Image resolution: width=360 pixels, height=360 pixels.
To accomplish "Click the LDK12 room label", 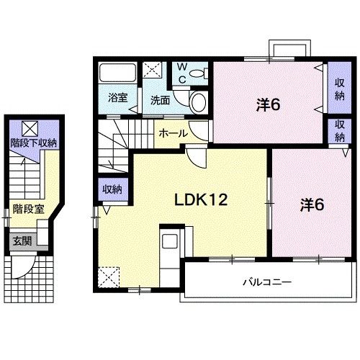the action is pos(201,199).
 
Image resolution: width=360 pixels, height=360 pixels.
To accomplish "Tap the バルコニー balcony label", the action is pos(267,282).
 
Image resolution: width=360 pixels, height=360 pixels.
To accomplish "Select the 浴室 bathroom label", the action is pos(117,98).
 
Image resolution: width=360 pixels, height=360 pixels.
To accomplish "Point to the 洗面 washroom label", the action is pos(160,100).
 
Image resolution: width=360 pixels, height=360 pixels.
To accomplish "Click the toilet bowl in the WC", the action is pos(197,73).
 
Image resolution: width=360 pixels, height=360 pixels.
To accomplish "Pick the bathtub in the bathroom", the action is pos(117,73).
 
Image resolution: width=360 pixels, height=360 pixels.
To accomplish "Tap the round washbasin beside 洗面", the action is pos(199,102).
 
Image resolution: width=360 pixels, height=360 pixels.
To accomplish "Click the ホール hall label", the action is pos(174,133).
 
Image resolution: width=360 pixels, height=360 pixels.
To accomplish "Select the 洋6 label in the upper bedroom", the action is pos(268,105).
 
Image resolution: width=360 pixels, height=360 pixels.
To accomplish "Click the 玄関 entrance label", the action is pos(22,240).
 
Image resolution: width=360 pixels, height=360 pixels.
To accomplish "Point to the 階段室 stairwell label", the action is pos(29,209).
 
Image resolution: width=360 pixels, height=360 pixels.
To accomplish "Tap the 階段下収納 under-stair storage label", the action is pos(33,143).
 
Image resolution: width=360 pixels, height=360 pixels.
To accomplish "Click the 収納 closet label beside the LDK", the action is pos(112,189).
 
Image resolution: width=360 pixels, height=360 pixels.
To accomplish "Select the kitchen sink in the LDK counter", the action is pos(170,241).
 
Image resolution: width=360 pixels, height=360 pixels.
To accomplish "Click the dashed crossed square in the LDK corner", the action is pos(109,277).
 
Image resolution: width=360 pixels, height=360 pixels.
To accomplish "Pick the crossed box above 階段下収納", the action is pos(30,129).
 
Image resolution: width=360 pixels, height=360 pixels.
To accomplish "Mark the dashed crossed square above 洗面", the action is pos(152,70).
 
